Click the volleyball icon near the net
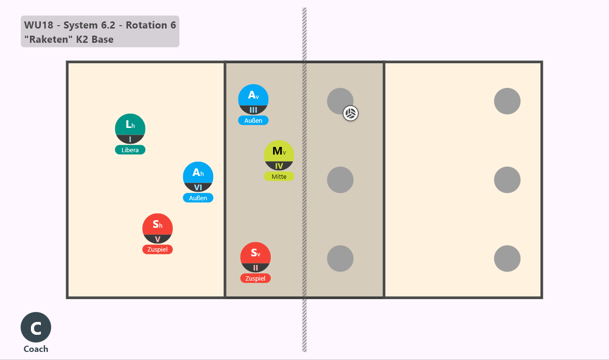[351, 113]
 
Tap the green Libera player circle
[130, 128]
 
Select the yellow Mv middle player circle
[279, 155]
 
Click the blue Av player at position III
[253, 99]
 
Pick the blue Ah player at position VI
[198, 177]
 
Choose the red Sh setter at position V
[157, 228]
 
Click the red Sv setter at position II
[255, 257]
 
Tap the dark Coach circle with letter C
[36, 327]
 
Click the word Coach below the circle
[36, 349]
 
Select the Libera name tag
[130, 150]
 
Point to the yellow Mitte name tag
[279, 176]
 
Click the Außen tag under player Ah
[198, 198]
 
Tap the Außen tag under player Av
[253, 120]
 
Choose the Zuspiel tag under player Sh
[157, 249]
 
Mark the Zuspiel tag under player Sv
[255, 278]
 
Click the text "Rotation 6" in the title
[151, 25]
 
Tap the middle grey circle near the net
[340, 180]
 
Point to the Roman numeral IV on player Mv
[279, 166]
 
